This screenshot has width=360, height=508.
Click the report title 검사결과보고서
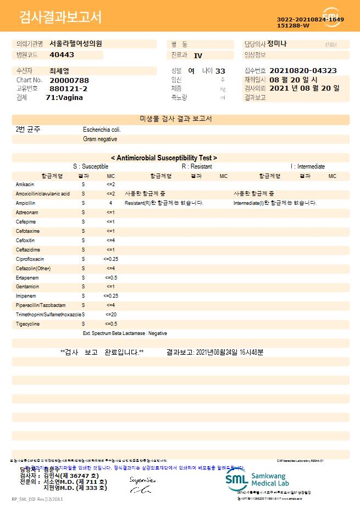click(60, 18)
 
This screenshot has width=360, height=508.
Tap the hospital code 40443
click(62, 55)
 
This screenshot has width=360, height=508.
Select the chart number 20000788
click(69, 80)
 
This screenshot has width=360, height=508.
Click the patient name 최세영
click(59, 71)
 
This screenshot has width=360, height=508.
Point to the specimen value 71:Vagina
click(64, 97)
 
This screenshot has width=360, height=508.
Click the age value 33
click(220, 71)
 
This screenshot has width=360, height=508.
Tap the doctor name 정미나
click(277, 43)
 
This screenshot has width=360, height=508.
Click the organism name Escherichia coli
click(102, 130)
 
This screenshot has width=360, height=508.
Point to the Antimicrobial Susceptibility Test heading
click(164, 158)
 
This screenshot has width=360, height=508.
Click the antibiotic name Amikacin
click(25, 184)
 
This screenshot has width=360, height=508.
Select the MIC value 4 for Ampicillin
click(110, 203)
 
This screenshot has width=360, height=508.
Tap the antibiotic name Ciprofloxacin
click(30, 259)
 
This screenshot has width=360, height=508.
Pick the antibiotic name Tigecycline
click(27, 324)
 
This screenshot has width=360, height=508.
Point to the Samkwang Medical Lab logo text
click(273, 478)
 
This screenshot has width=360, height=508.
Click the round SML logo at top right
click(332, 17)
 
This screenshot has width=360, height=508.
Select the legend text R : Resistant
click(197, 166)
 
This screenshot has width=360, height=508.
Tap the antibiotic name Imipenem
click(26, 296)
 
